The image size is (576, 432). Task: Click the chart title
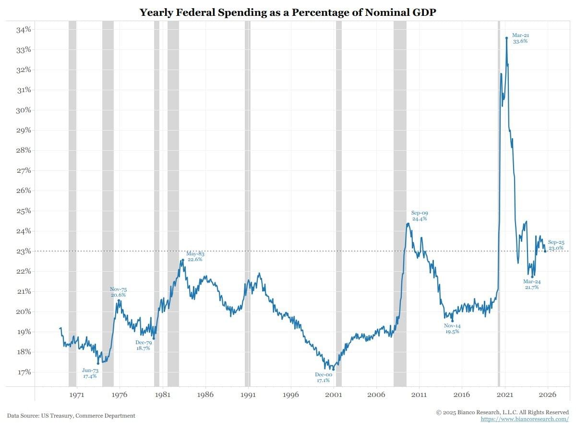[288, 12]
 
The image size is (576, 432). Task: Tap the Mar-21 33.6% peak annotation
[520, 38]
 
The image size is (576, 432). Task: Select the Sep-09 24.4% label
[420, 216]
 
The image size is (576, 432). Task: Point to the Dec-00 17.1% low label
[323, 378]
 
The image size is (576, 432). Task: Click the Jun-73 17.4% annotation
[90, 373]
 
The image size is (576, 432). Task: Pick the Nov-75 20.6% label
[118, 292]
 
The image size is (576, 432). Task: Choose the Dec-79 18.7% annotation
[143, 345]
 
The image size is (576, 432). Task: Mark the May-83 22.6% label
[195, 256]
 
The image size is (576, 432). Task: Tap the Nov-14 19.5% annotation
[452, 328]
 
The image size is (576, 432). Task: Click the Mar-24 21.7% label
[531, 284]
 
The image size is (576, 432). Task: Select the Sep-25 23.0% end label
[556, 245]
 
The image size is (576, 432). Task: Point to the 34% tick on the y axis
[24, 29]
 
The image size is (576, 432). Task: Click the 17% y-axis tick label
[24, 372]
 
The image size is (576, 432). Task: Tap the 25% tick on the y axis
[24, 211]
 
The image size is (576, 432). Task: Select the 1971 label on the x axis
[77, 395]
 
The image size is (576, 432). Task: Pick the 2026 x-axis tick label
[548, 395]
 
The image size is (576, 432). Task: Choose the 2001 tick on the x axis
[334, 395]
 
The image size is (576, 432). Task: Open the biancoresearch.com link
[525, 419]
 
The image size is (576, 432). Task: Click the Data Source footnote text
[71, 416]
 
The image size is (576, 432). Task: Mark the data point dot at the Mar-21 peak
[506, 38]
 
